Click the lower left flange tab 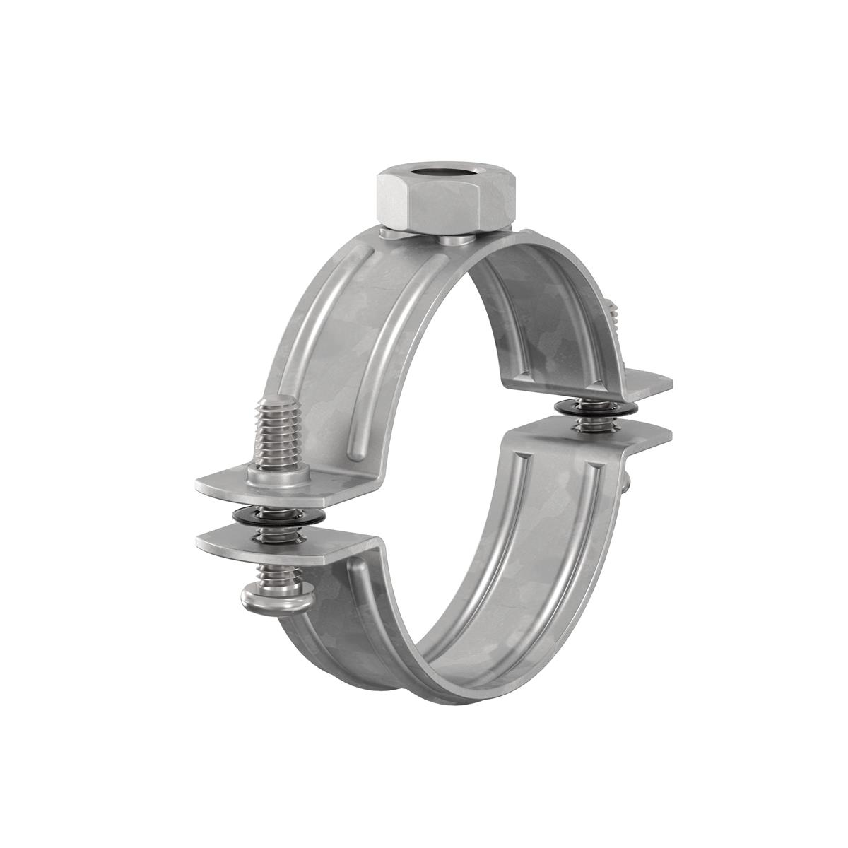tap(233, 541)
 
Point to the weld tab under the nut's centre tap(452, 241)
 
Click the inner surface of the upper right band tap(551, 318)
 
